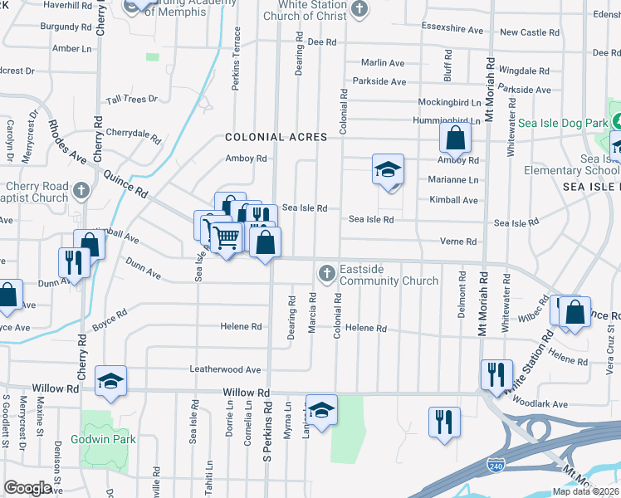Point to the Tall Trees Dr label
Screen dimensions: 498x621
[132, 100]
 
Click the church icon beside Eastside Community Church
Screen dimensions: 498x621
[327, 272]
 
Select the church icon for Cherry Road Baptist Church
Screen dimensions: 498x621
[81, 191]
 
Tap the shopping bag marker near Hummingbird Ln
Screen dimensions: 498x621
[455, 138]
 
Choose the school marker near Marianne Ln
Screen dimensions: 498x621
[388, 169]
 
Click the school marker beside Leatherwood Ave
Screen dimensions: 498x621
[110, 381]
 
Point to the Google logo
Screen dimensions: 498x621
[28, 488]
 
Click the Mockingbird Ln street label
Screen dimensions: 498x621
[449, 103]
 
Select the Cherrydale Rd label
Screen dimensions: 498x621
[133, 133]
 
